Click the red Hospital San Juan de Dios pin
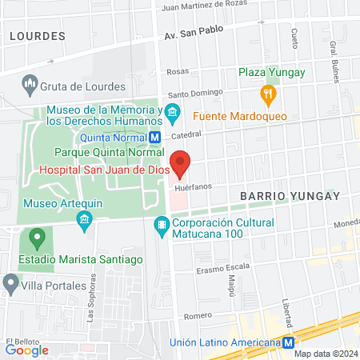click(181, 163)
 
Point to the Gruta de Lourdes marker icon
click(30, 83)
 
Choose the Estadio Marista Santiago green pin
click(35, 238)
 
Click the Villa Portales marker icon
click(10, 282)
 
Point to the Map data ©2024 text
click(325, 354)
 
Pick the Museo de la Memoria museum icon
click(171, 110)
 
